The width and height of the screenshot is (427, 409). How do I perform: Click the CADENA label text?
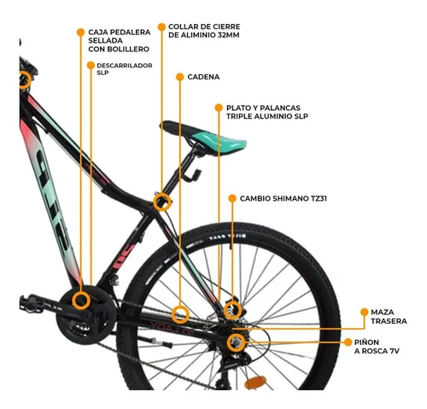click(203, 77)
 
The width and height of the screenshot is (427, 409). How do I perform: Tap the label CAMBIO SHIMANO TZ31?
click(283, 198)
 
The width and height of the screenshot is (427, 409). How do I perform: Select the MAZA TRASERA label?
click(389, 317)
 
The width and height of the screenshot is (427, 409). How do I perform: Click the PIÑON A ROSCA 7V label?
click(377, 347)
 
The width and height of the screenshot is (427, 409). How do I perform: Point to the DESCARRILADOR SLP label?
click(125, 69)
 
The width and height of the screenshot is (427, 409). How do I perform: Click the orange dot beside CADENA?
click(179, 77)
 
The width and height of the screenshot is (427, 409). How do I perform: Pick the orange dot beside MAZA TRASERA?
click(364, 312)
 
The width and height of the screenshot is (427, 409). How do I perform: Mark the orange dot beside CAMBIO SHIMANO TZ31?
click(232, 198)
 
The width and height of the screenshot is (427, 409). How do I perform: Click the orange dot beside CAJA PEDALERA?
click(80, 32)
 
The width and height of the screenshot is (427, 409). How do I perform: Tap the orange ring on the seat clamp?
click(162, 202)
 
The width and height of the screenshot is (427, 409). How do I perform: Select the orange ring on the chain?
click(180, 314)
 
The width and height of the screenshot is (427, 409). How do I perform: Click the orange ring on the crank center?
click(81, 301)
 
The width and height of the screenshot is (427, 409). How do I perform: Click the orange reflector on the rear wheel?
click(255, 383)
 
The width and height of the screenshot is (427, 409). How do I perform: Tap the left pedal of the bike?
click(32, 304)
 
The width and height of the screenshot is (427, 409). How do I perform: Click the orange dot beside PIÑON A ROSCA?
click(348, 342)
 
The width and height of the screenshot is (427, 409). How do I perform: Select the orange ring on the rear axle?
click(236, 342)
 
